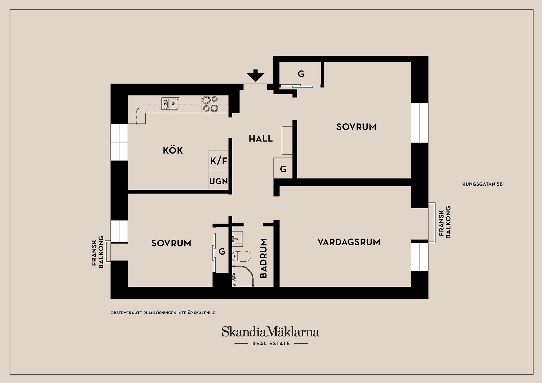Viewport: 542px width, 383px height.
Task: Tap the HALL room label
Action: click(261, 139)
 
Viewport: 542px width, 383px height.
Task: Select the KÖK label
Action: click(173, 150)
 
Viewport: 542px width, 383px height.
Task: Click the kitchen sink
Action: click(170, 104)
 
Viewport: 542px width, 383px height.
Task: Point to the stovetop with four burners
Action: click(210, 104)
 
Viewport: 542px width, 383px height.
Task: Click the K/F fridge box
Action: click(218, 161)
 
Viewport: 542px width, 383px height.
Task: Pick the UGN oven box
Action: click(218, 181)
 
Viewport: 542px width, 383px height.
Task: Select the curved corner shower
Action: click(242, 277)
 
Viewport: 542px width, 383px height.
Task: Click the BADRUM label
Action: click(263, 258)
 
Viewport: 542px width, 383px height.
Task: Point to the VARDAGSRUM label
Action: click(349, 242)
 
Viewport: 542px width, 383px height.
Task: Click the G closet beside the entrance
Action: click(301, 74)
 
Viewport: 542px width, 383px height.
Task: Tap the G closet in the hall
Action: click(283, 169)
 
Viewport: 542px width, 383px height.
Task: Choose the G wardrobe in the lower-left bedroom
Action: click(222, 251)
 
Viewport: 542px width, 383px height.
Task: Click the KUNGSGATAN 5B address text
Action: click(482, 184)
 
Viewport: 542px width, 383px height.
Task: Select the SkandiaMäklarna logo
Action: click(270, 332)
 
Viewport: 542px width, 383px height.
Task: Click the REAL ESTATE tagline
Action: click(271, 343)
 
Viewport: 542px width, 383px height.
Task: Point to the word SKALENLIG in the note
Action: click(205, 313)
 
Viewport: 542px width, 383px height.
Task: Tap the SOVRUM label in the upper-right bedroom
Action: click(356, 127)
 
